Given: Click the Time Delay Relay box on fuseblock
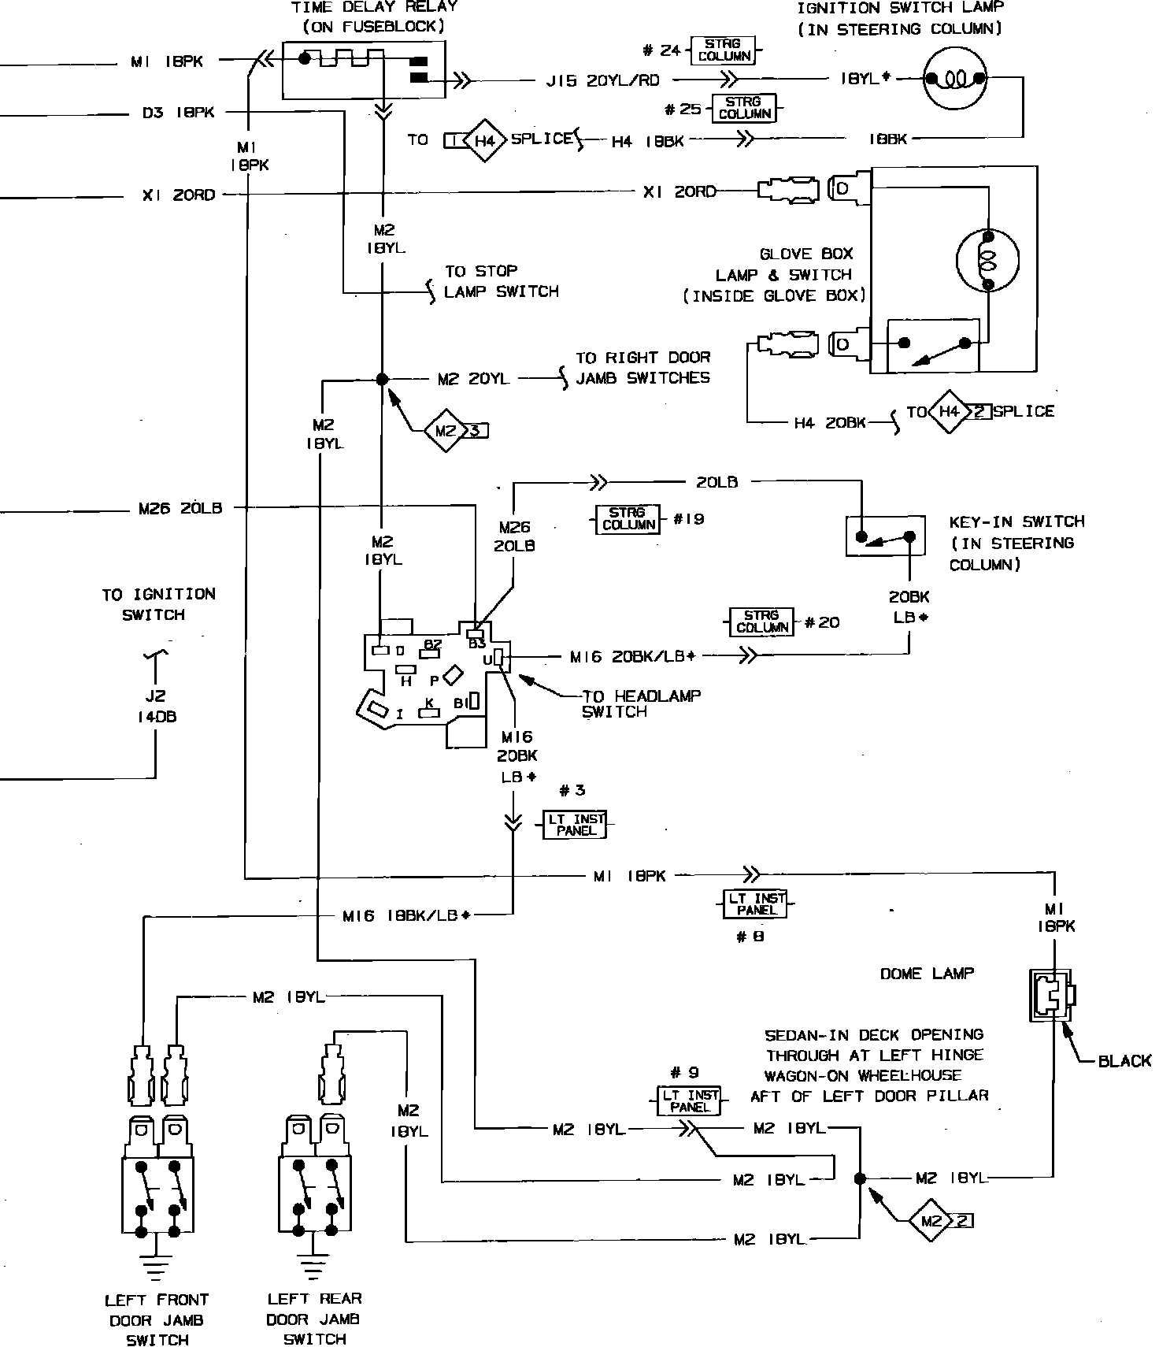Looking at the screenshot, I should pos(363,69).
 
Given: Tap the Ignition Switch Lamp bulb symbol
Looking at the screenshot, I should pos(955,78).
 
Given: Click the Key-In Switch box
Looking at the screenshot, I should pos(885,537).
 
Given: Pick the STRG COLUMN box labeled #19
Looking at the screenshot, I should pos(628,519).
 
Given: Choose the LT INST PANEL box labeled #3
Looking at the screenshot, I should pos(576,825).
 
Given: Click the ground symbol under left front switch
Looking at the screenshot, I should pos(157,1266).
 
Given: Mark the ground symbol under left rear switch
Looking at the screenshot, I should pos(313,1266).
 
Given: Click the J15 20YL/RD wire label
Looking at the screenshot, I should pos(603,80).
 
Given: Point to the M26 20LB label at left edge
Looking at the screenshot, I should pos(180,509).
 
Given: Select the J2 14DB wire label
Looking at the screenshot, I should pos(154,707).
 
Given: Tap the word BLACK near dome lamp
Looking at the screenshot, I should pos(1124,1061).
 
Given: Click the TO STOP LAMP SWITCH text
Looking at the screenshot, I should pos(501,281).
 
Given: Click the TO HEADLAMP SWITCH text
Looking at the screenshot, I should pos(640,703).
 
